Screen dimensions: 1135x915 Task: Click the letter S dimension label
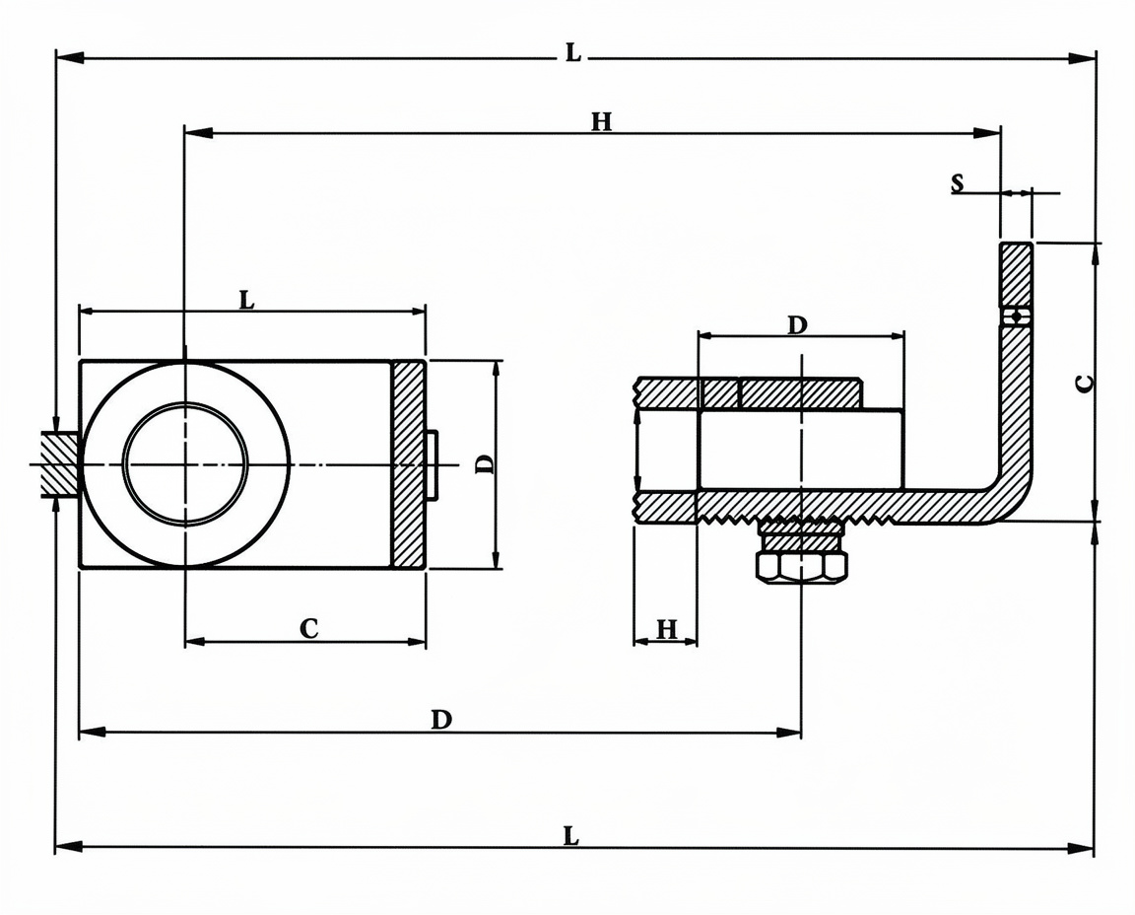point(957,183)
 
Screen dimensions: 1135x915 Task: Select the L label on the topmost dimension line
point(572,52)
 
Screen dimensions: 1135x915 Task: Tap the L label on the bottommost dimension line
point(571,837)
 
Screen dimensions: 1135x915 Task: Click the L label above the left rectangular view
point(247,299)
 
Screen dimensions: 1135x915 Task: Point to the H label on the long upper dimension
point(602,121)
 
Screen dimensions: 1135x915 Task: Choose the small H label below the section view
point(667,629)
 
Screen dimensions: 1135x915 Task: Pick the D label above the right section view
point(796,325)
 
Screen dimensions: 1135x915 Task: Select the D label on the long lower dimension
point(441,720)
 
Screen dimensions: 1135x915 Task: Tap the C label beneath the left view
point(309,628)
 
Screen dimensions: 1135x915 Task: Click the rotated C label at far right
point(1085,383)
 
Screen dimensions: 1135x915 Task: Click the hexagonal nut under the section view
point(801,567)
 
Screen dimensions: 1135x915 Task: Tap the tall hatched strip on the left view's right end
point(408,463)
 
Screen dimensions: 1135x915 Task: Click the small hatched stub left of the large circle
point(59,463)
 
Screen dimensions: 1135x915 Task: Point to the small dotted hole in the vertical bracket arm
point(1017,317)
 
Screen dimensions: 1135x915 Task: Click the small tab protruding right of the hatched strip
point(432,464)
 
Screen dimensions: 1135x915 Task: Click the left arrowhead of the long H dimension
point(198,132)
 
